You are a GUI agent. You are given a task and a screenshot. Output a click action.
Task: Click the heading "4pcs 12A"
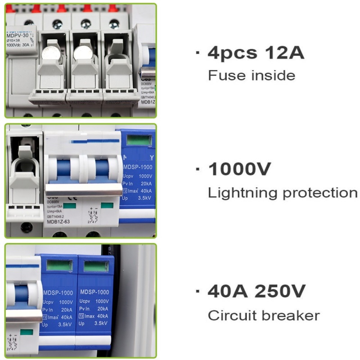(x=256, y=53)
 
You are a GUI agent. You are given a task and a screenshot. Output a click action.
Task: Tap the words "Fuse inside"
(x=252, y=75)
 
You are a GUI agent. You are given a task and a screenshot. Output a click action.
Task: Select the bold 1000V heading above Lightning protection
(x=240, y=170)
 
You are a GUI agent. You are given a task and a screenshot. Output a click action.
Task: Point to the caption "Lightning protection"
(x=283, y=193)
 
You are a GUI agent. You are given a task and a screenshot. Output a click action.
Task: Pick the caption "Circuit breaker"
(x=264, y=315)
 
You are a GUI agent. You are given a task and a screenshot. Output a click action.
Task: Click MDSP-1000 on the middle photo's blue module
(x=138, y=167)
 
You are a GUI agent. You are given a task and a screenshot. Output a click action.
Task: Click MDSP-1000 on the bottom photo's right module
(x=94, y=292)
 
